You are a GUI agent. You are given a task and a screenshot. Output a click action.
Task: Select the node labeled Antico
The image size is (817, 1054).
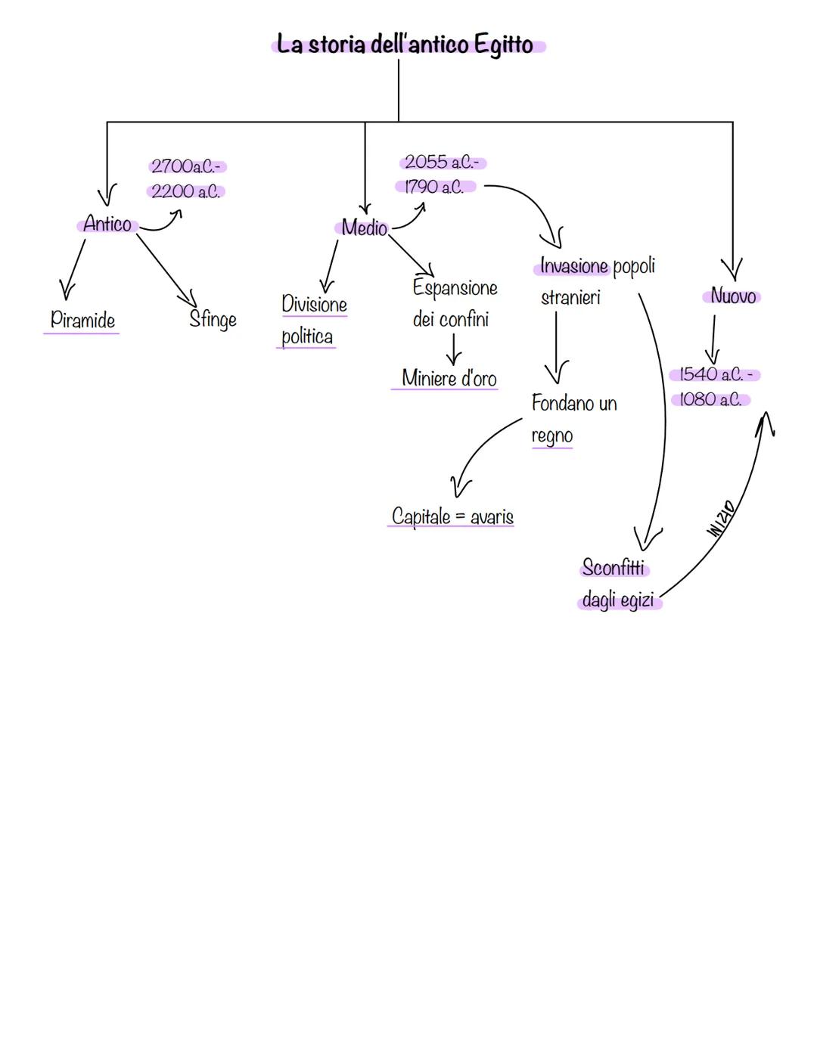[x=107, y=225]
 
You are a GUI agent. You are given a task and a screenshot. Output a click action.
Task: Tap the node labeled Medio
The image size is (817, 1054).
[x=364, y=228]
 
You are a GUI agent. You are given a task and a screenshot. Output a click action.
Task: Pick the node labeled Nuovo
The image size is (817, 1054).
[x=732, y=296]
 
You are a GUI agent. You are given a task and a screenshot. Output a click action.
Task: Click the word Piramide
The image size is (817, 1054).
[x=82, y=320]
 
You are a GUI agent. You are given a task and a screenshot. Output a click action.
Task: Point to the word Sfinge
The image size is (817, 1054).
[x=213, y=319]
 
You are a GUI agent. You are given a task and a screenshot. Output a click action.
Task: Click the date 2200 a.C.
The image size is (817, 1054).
[x=185, y=191]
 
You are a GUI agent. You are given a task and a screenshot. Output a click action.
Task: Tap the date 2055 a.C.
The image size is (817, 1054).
[x=441, y=163]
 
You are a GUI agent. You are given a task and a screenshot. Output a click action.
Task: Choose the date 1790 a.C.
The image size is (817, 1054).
[x=434, y=187]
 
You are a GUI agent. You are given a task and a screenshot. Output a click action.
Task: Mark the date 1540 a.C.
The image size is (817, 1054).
[x=712, y=374]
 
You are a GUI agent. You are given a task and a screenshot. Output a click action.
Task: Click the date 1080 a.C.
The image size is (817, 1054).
[x=710, y=399]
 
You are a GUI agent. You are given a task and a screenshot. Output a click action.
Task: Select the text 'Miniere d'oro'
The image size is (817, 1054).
[x=449, y=378]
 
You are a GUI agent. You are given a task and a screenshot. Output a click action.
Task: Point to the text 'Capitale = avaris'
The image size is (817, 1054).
[x=452, y=516]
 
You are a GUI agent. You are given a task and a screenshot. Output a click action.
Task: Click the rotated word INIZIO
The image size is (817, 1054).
[x=720, y=519]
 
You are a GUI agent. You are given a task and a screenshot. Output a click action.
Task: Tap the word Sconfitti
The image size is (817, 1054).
[x=614, y=567]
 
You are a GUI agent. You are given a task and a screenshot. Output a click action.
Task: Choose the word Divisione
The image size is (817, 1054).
[x=314, y=304]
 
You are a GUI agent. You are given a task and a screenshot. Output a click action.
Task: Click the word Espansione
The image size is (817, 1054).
[x=455, y=288]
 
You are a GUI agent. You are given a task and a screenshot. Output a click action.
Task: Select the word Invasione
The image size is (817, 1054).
[x=574, y=266]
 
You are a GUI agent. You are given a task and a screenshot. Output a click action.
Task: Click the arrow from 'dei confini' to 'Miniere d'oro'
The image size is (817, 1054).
[x=453, y=349]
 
